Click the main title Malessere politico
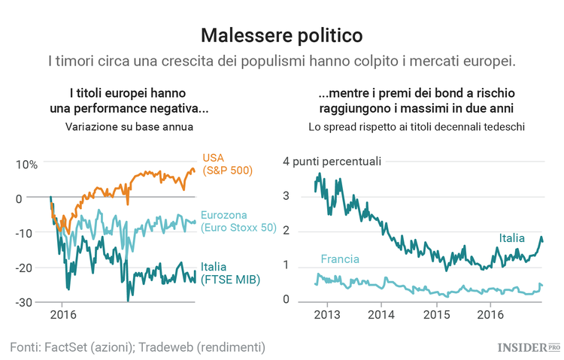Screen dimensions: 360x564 (x=282, y=35)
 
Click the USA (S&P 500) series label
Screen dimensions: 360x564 (x=227, y=164)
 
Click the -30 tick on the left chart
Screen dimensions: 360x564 (x=25, y=301)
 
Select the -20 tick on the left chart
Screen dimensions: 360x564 (x=25, y=268)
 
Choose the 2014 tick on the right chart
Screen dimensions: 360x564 (x=381, y=313)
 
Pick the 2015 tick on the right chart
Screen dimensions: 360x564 (x=436, y=313)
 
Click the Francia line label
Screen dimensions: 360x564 (x=340, y=259)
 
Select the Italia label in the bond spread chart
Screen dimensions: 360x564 (x=511, y=238)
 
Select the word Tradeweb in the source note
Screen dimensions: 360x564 (x=172, y=346)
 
